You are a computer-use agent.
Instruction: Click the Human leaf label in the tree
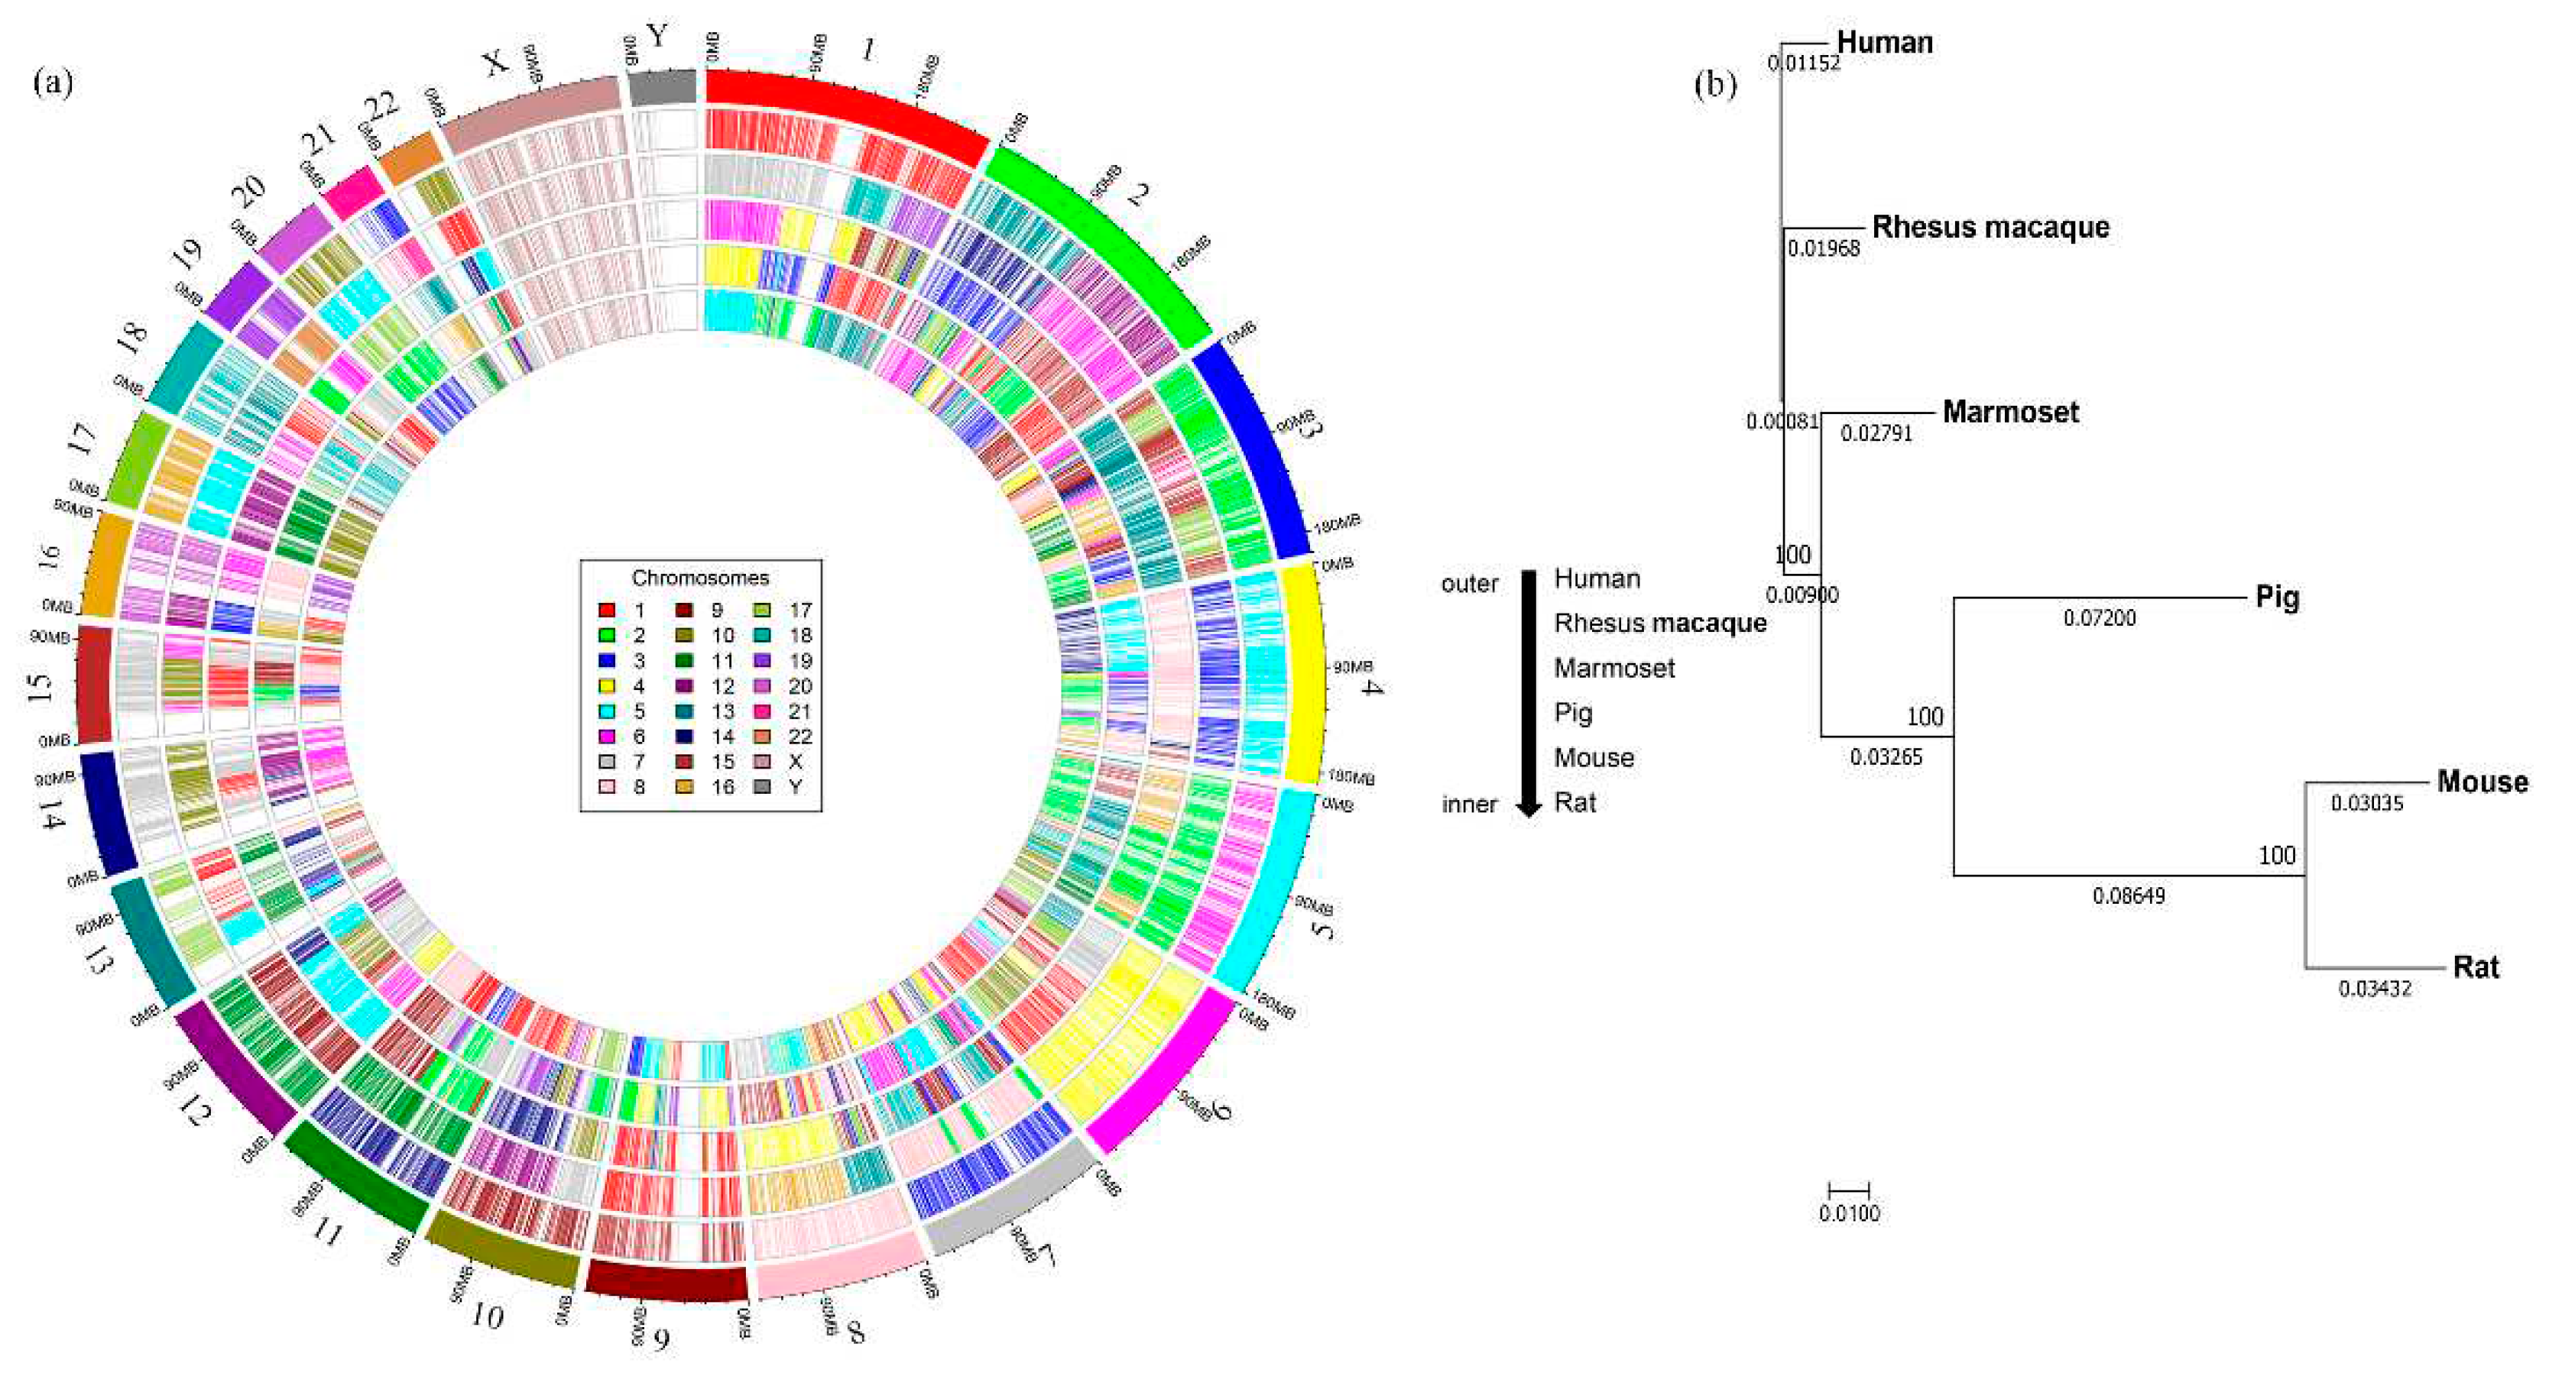1884,43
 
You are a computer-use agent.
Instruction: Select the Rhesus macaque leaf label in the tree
1990,228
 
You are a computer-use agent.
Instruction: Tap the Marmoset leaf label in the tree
2009,412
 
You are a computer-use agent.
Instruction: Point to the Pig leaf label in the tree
2276,597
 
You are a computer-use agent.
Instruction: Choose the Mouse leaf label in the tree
2482,782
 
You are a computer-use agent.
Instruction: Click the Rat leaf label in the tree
2476,967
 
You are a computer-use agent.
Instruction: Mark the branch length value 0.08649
2129,896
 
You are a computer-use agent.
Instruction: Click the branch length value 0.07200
2099,618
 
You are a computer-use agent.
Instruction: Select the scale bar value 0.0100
1848,1213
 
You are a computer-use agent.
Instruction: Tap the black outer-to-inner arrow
1529,692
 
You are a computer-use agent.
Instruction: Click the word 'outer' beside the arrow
1470,584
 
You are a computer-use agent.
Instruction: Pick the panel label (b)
1715,85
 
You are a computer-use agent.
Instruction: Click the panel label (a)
53,81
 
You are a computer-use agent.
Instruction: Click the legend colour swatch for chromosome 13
684,711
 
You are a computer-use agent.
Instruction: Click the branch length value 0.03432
2375,988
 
